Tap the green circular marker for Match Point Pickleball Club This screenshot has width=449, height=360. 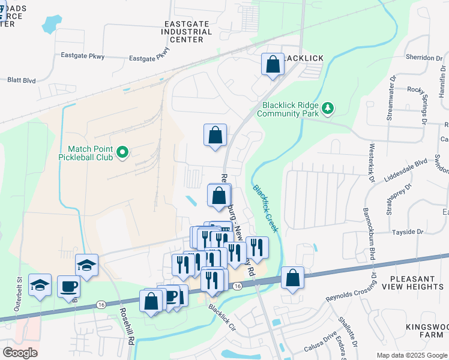122,152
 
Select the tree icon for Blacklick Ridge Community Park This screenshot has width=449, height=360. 328,108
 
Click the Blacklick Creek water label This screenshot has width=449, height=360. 265,208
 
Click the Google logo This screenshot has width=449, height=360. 19,353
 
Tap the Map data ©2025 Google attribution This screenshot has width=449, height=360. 412,355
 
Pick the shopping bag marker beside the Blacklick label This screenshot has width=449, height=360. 273,65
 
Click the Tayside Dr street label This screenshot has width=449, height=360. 408,232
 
